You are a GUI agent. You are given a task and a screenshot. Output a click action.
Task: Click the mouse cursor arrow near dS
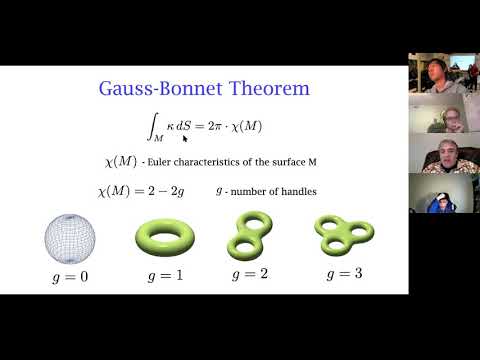click(185, 139)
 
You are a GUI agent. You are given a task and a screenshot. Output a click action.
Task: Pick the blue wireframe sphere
click(69, 236)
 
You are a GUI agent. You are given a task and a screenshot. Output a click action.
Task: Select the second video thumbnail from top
click(444, 120)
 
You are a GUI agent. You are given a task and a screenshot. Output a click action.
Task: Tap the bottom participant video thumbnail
click(444, 195)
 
